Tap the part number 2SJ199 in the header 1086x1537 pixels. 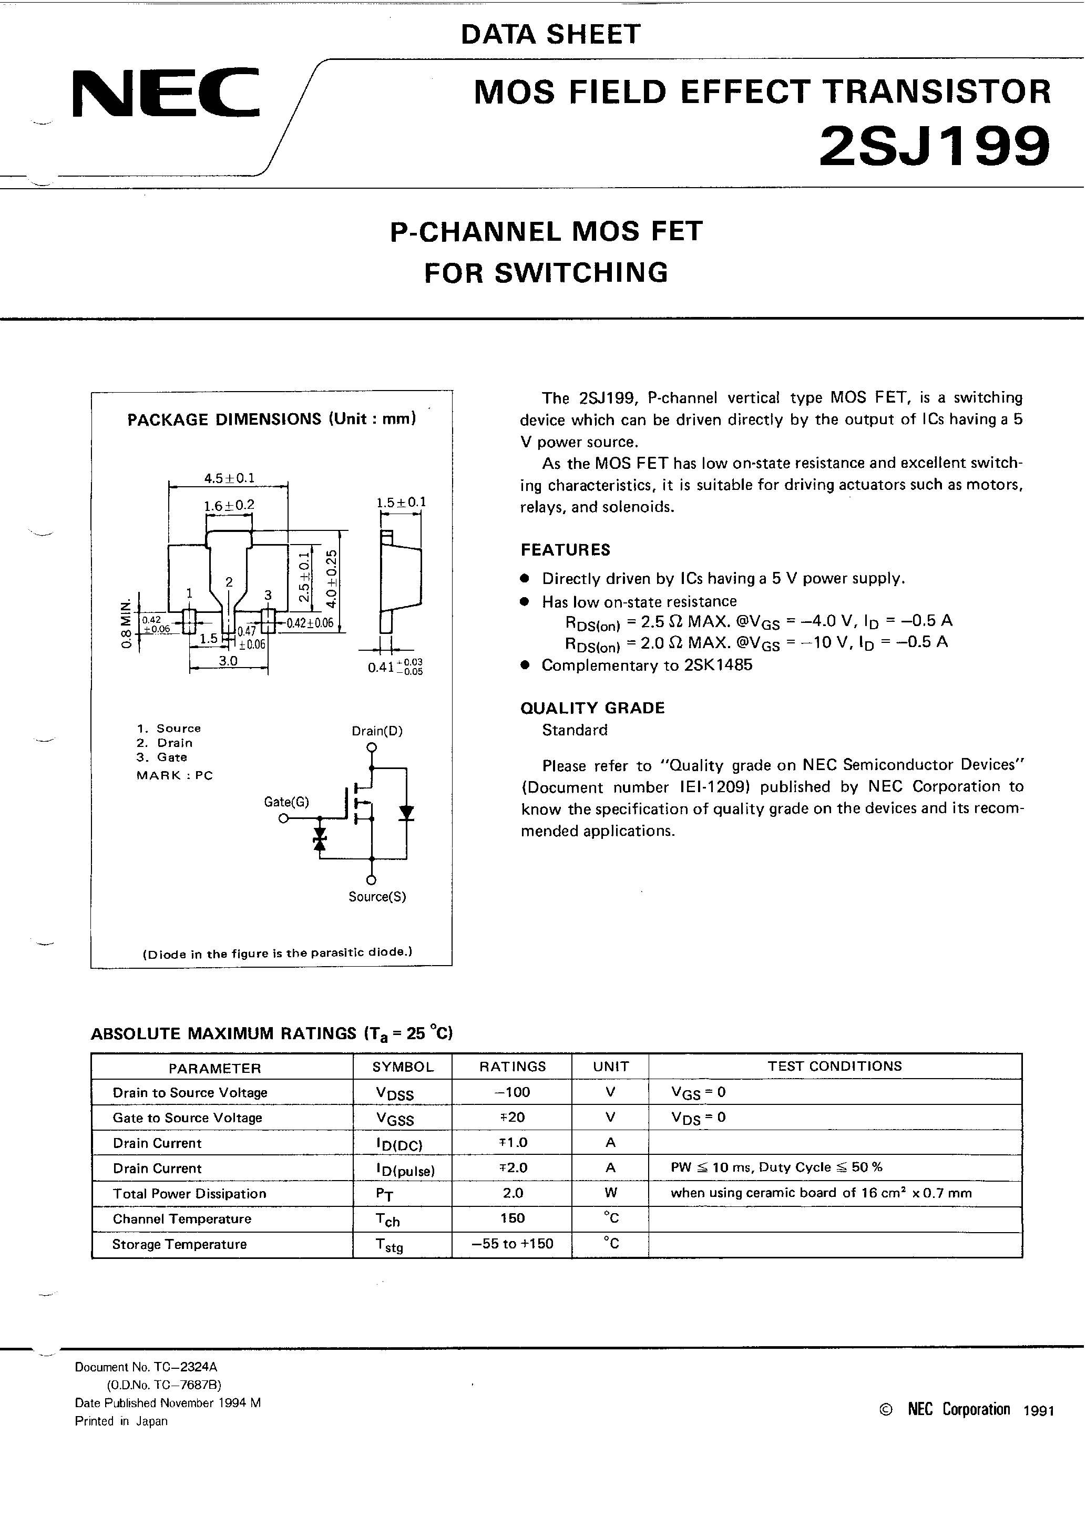[934, 147]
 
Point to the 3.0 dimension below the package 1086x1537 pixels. [228, 661]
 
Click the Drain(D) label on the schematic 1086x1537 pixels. [377, 731]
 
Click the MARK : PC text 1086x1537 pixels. [175, 775]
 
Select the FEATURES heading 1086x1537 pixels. [566, 550]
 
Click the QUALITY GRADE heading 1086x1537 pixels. [592, 708]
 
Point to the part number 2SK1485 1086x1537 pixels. [719, 665]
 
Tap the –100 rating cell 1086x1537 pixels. [512, 1092]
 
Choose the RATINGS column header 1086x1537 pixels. [512, 1067]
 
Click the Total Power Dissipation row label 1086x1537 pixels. [189, 1194]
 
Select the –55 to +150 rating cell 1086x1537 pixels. [512, 1244]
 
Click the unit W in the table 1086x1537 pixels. [610, 1192]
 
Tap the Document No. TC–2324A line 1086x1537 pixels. [146, 1367]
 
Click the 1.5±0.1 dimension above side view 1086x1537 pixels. [401, 502]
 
